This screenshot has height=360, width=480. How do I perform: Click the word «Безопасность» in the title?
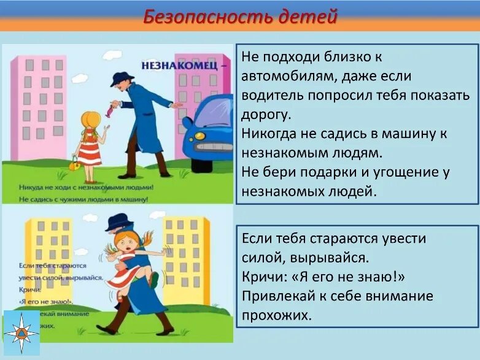click(207, 17)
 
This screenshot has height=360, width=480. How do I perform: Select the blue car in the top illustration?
click(209, 132)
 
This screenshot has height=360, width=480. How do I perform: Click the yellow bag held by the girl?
click(74, 163)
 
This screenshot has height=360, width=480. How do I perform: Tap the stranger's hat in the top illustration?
click(122, 77)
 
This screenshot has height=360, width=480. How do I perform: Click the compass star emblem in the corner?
click(21, 333)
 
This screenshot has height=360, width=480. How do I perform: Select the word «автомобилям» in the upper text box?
click(284, 76)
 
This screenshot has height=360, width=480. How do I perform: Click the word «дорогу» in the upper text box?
click(267, 115)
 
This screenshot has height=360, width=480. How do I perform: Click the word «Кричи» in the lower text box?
click(261, 277)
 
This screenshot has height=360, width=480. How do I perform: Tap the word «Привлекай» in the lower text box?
click(279, 296)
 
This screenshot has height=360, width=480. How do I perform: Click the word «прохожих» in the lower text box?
click(274, 315)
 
